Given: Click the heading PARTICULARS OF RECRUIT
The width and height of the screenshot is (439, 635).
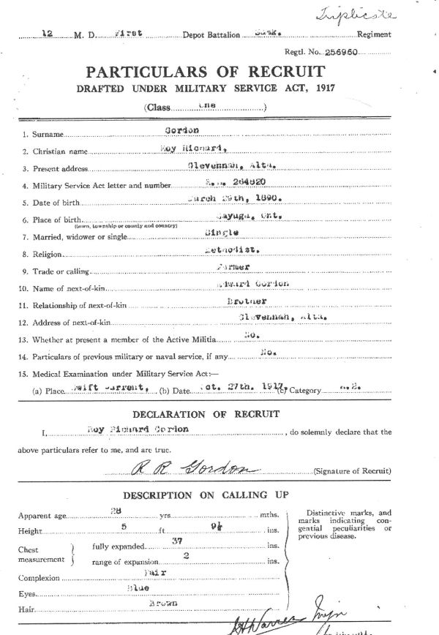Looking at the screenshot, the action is (x=206, y=72).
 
